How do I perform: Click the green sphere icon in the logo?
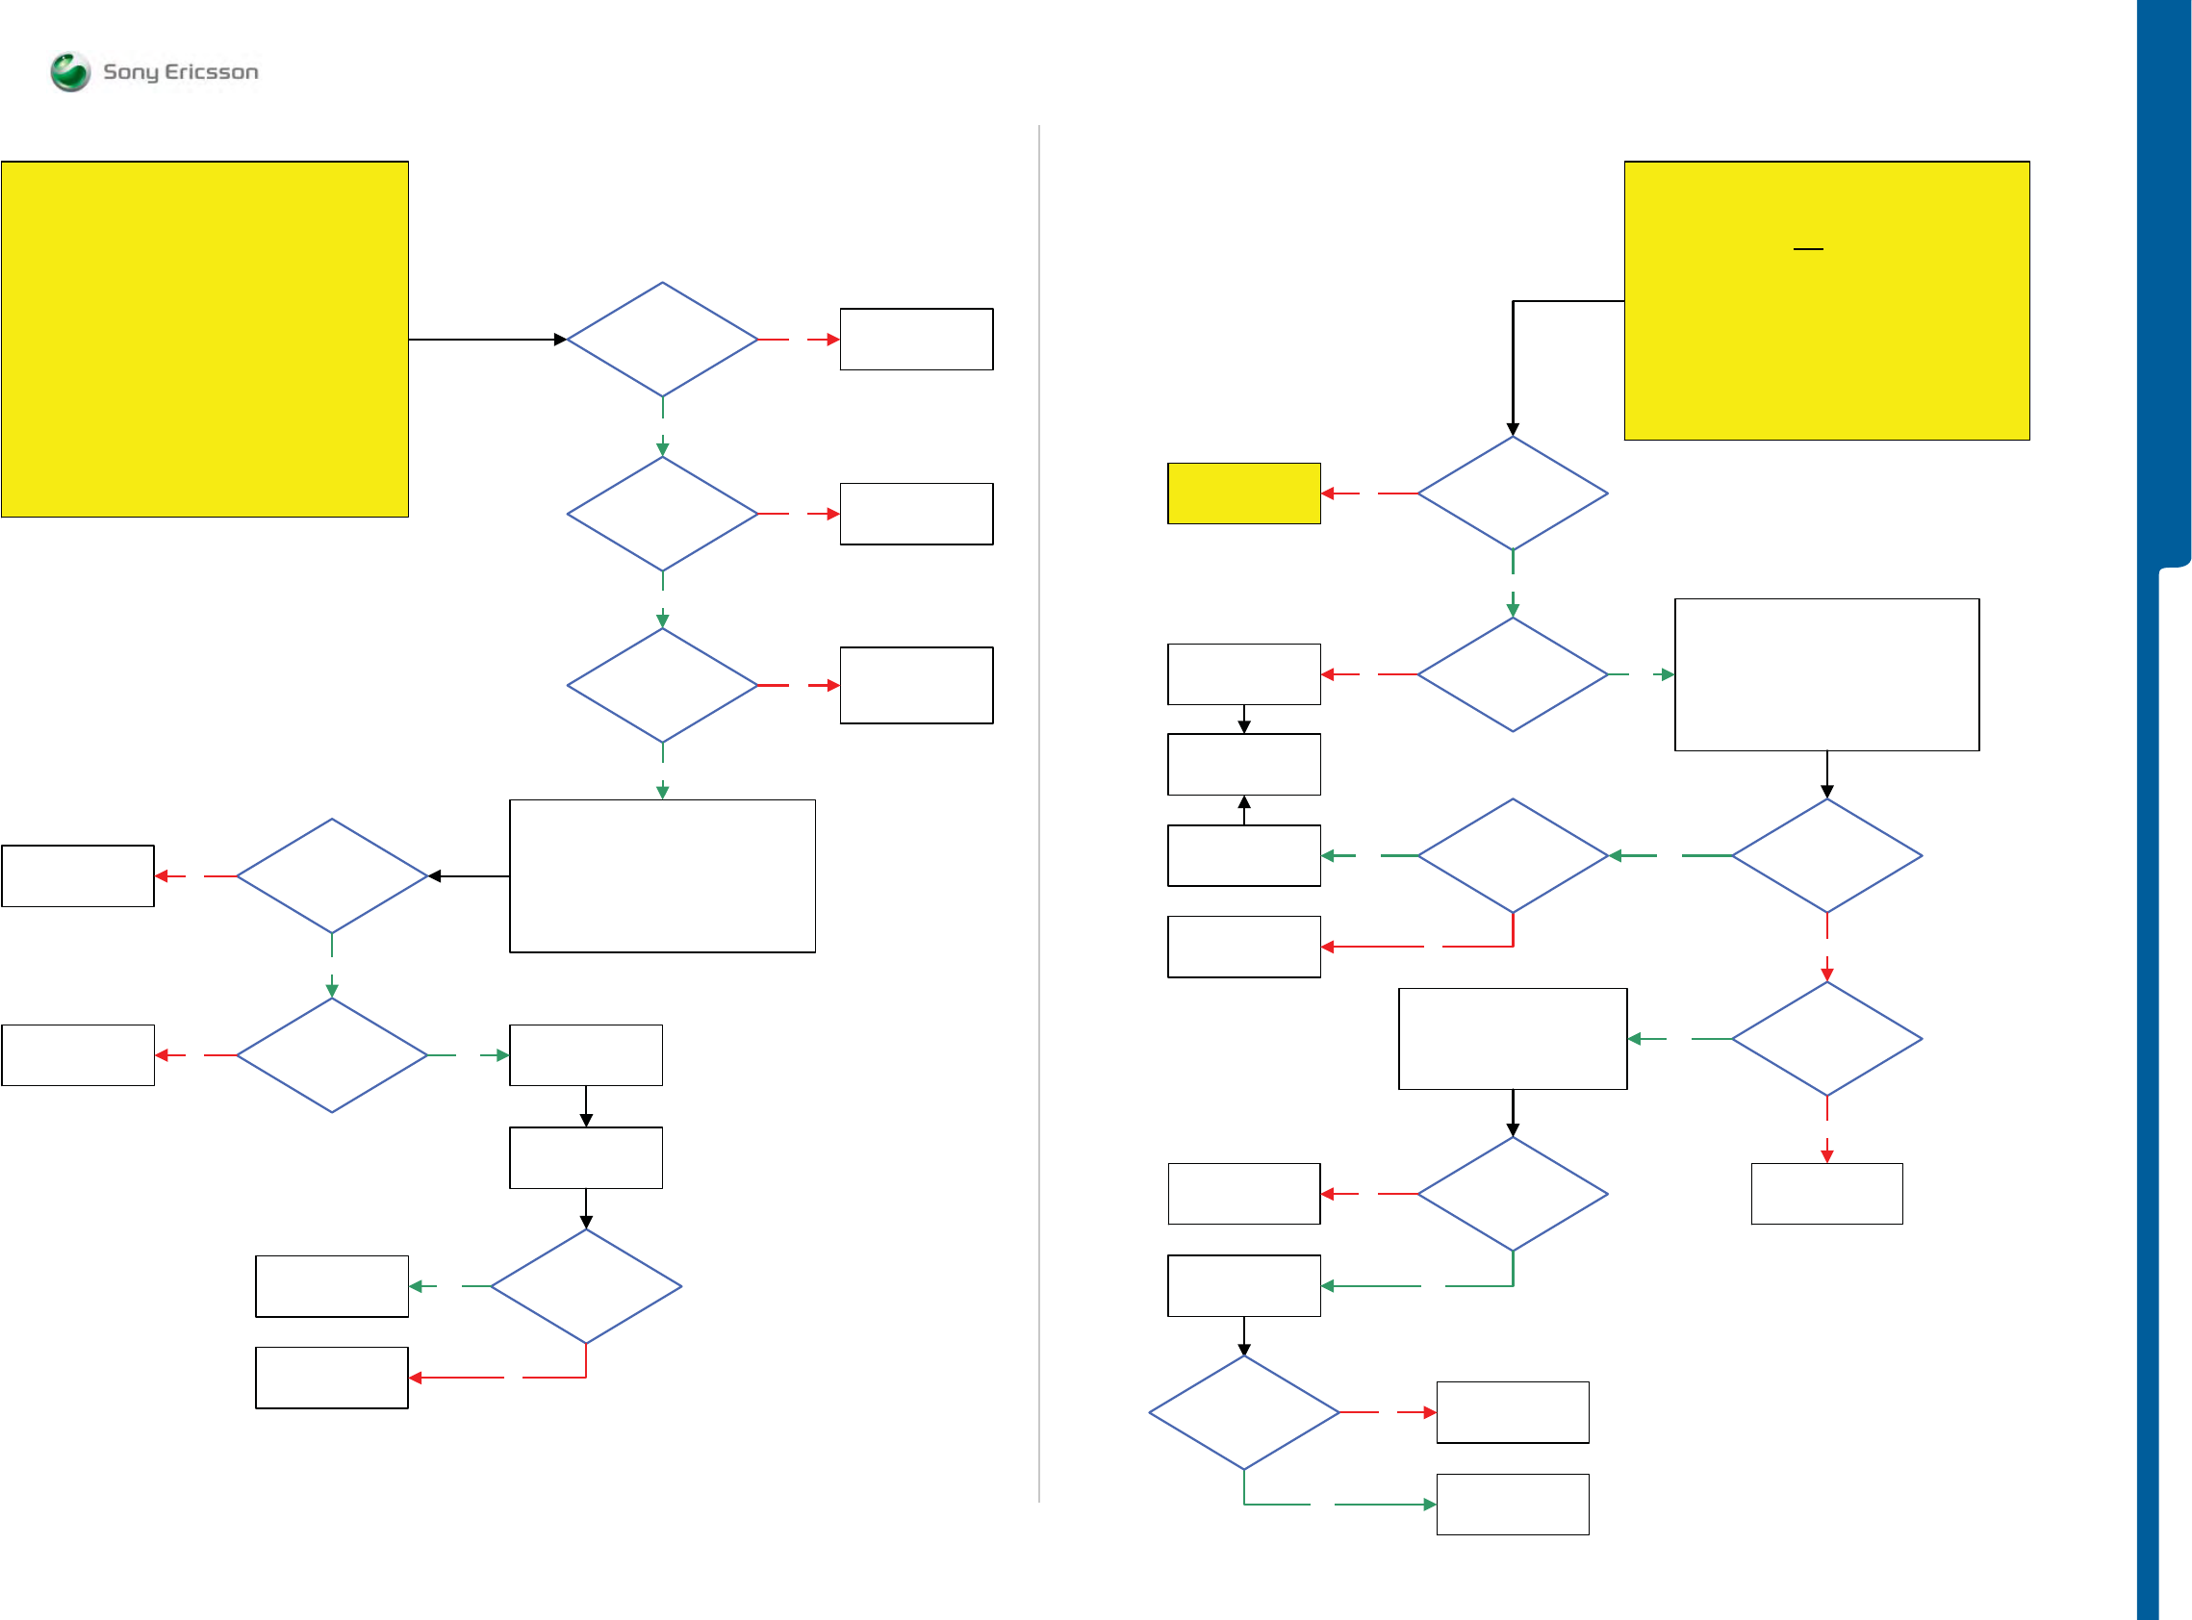click(x=69, y=71)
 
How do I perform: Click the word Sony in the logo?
click(x=131, y=71)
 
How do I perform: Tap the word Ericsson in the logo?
click(x=211, y=71)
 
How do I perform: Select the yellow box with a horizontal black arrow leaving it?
click(x=204, y=339)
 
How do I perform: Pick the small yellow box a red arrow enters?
click(x=1242, y=494)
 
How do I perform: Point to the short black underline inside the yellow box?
click(x=1806, y=249)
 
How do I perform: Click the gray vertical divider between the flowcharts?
click(x=1038, y=814)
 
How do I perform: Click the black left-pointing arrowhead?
click(x=435, y=875)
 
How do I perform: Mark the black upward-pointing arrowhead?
click(x=1243, y=802)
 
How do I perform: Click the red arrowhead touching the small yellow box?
click(x=1327, y=494)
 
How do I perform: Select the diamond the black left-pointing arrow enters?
click(x=332, y=875)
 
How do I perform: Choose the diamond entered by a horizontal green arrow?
click(x=1513, y=855)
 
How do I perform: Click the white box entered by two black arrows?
click(x=1242, y=764)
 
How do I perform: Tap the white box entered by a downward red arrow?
click(x=1826, y=1194)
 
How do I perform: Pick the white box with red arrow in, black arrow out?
click(x=1242, y=673)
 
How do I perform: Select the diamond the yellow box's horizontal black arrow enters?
click(x=662, y=340)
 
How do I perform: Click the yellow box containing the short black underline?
click(x=1826, y=300)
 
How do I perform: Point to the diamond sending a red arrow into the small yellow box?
click(x=1513, y=494)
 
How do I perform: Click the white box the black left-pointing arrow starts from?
click(x=662, y=875)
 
